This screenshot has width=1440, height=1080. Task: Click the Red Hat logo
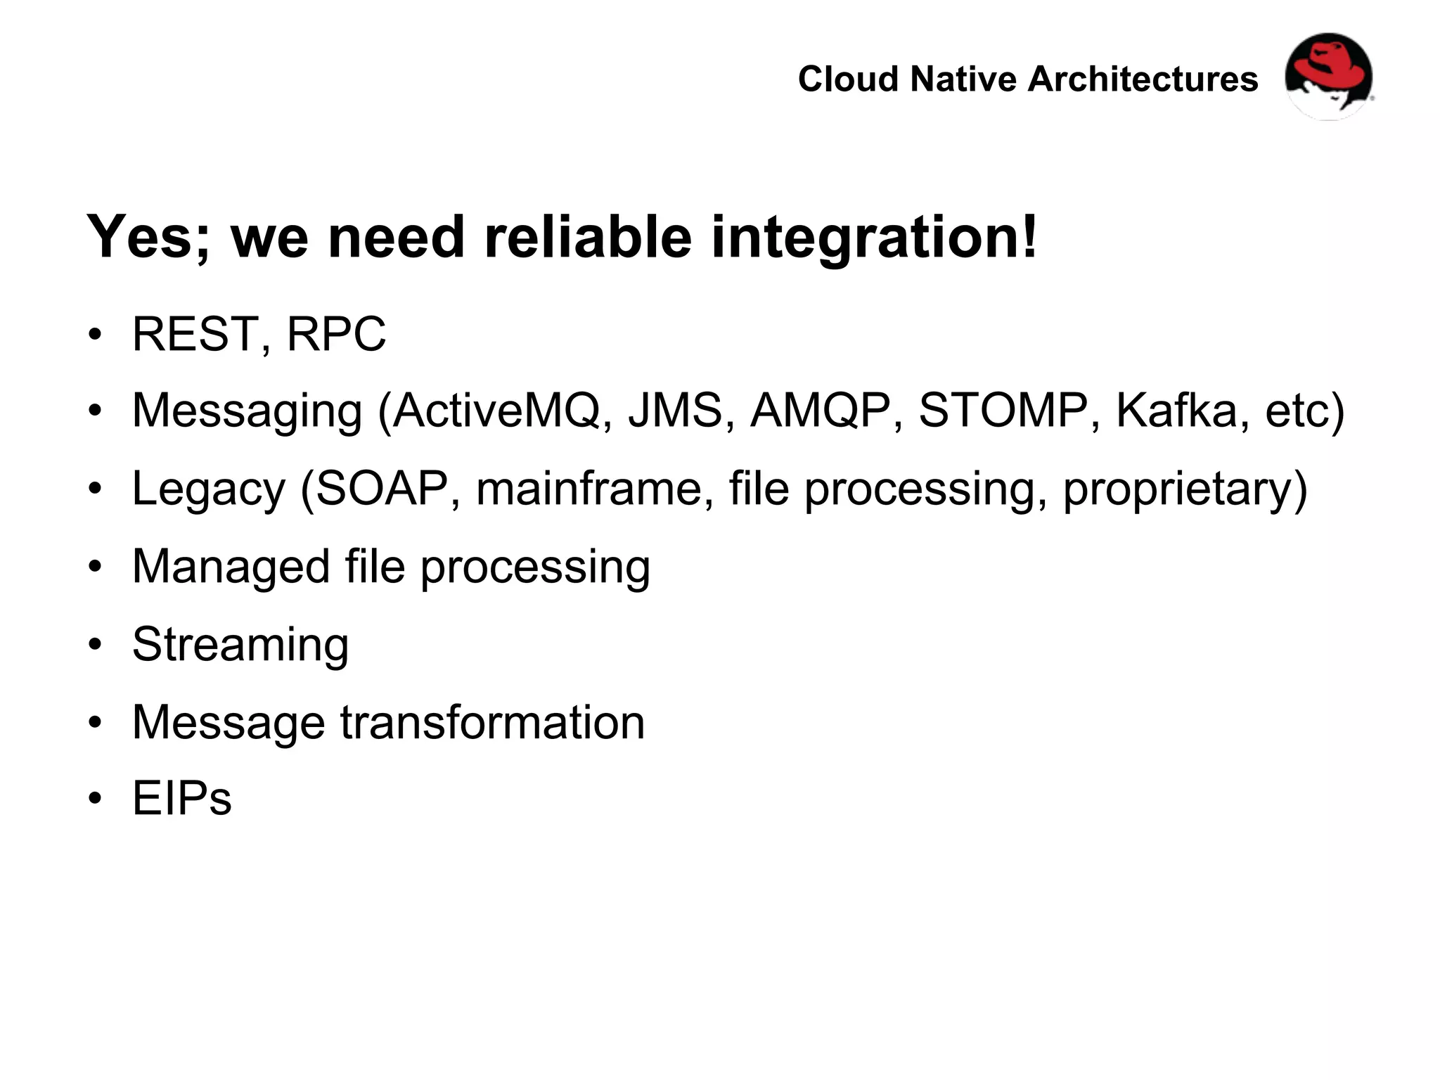pyautogui.click(x=1328, y=76)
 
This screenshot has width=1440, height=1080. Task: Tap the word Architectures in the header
pyautogui.click(x=1143, y=79)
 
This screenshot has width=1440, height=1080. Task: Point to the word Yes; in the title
pyautogui.click(x=148, y=237)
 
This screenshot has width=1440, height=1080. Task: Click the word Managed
pyautogui.click(x=231, y=567)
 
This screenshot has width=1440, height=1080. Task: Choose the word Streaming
pyautogui.click(x=240, y=645)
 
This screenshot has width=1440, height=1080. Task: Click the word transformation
pyautogui.click(x=492, y=722)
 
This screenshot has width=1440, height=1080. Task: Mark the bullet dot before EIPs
pyautogui.click(x=96, y=799)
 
